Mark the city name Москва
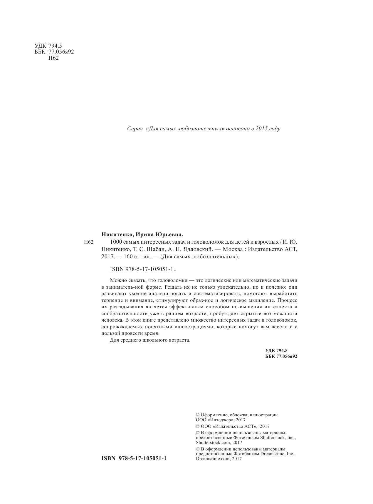[233, 249]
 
